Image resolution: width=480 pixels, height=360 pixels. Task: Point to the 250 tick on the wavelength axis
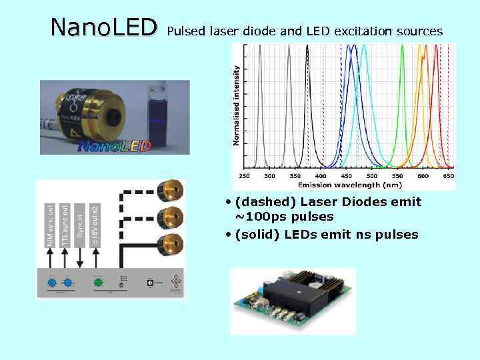tap(245, 176)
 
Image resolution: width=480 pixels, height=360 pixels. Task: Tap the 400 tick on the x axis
tap(321, 176)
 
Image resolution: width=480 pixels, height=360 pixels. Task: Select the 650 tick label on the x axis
tap(449, 176)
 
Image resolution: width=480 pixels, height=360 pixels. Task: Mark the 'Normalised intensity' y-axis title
tap(237, 105)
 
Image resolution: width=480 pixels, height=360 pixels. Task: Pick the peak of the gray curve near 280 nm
tap(261, 47)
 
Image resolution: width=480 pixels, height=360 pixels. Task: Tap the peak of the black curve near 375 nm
tap(301, 47)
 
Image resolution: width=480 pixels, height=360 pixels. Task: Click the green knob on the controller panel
tap(98, 283)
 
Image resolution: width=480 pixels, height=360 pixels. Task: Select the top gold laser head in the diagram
tap(171, 191)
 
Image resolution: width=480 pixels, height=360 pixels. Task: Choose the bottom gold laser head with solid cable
tap(171, 243)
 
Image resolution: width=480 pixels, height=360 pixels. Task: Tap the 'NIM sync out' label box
tap(51, 225)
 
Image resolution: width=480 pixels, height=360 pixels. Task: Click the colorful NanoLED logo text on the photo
tap(115, 145)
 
